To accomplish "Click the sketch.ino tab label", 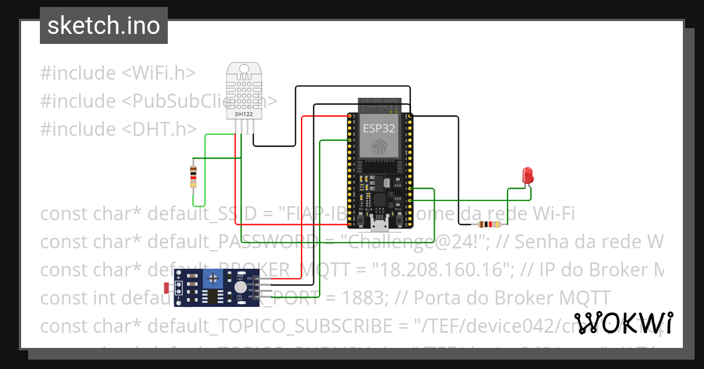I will click(x=103, y=26).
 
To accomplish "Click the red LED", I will click(x=527, y=175).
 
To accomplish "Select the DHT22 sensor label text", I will click(x=244, y=114).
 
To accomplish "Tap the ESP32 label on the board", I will click(x=378, y=128).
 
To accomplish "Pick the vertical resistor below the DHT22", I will click(x=194, y=176).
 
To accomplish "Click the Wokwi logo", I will click(x=623, y=323).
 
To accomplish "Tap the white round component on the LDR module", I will click(x=240, y=287).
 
